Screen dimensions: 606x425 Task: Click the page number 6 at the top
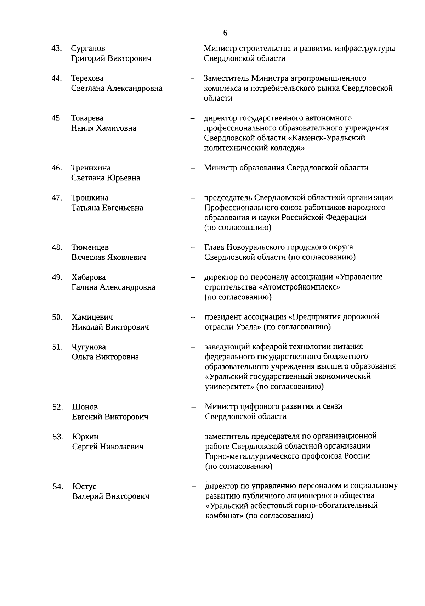pos(226,33)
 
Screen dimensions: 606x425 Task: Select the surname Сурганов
pos(88,49)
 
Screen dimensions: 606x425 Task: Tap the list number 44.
pos(57,78)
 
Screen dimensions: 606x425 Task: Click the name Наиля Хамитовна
pos(103,128)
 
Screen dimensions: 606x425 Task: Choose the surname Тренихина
pos(91,168)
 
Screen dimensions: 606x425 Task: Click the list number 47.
pos(57,198)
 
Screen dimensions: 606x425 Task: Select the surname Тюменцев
pos(90,247)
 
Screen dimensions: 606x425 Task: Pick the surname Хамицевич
pos(92,317)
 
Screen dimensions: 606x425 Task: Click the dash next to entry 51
pos(193,347)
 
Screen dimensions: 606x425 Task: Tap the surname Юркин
pos(85,437)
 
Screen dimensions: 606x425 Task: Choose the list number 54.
pos(58,487)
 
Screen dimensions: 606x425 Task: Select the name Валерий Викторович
pos(110,496)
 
